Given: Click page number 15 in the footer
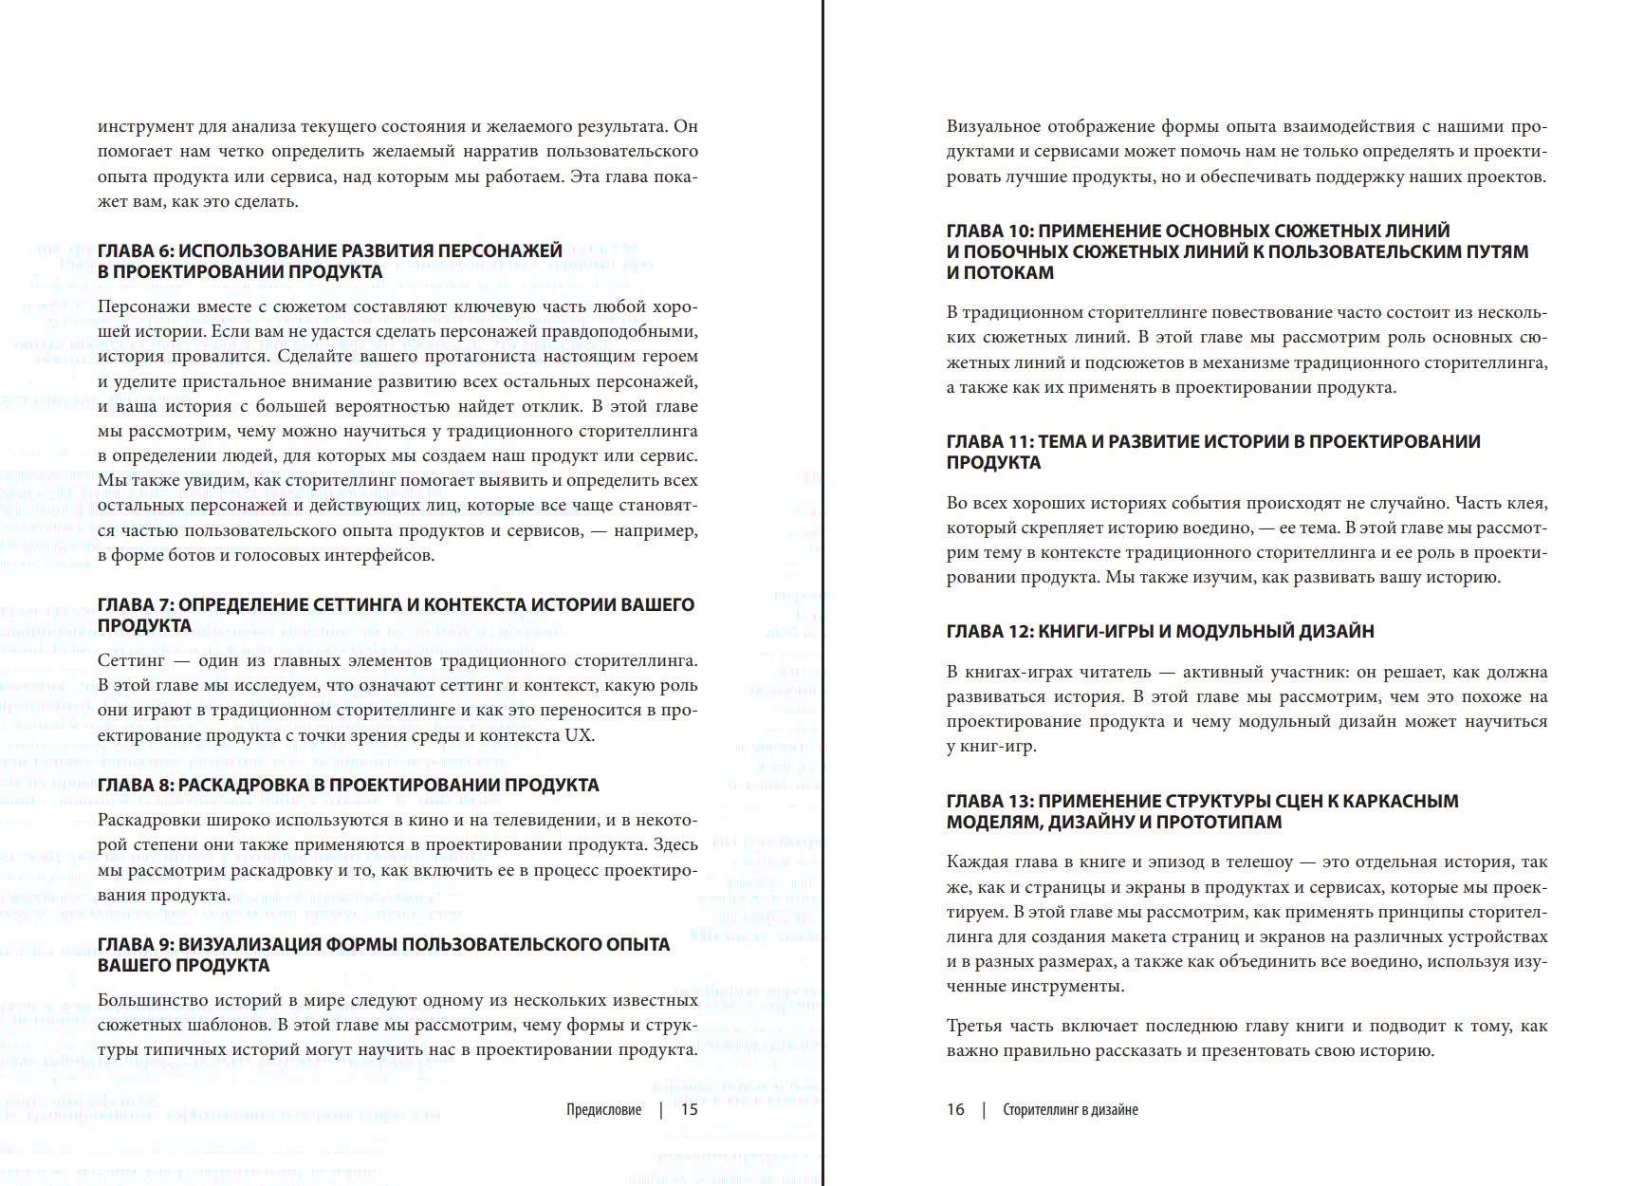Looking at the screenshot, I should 690,1109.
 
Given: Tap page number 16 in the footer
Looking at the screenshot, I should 955,1109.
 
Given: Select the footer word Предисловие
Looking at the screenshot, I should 603,1109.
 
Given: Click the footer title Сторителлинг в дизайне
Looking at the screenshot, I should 1070,1109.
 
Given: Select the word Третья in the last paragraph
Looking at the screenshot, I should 972,1027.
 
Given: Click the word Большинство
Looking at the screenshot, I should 153,1001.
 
